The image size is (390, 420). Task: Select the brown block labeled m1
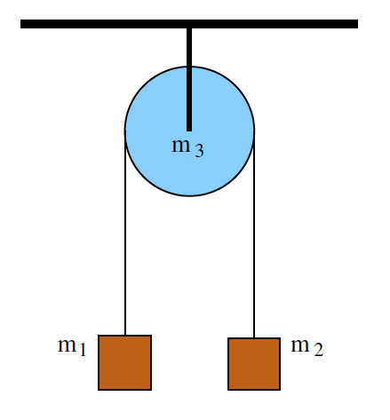click(x=124, y=362)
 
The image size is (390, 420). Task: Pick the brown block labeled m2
click(x=254, y=364)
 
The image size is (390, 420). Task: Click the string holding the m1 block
click(x=125, y=249)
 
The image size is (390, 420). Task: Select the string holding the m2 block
click(x=255, y=249)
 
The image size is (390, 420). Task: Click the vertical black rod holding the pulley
click(x=189, y=71)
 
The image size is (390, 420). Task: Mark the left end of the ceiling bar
click(x=23, y=24)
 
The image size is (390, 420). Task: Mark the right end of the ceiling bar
click(x=355, y=24)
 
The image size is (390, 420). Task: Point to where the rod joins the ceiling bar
click(x=189, y=28)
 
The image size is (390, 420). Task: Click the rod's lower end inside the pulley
click(x=189, y=128)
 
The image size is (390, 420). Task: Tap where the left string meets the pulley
click(x=125, y=131)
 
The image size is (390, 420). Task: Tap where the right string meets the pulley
click(x=255, y=131)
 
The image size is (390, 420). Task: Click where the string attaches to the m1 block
click(x=125, y=336)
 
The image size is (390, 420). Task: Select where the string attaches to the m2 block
click(x=255, y=338)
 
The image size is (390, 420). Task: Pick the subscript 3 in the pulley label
click(x=199, y=152)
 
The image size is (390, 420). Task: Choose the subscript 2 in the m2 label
click(x=317, y=351)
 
